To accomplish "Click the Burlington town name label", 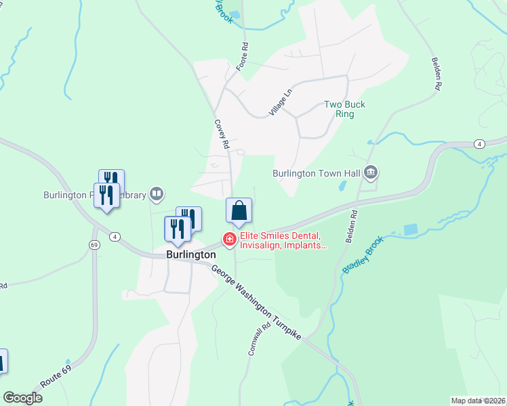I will (x=191, y=255).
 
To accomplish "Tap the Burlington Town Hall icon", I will (x=371, y=173).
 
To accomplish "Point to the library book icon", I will (x=157, y=195).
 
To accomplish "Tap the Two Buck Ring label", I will (x=344, y=109).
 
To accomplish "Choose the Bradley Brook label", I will (x=363, y=254).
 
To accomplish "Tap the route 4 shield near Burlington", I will (x=116, y=236).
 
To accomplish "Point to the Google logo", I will (x=22, y=398).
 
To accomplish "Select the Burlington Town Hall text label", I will (x=316, y=173).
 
